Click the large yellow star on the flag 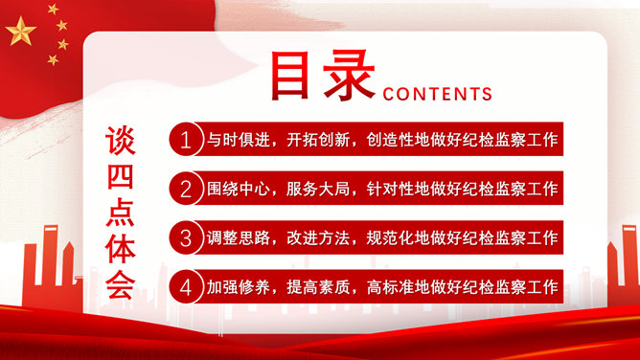tap(21, 34)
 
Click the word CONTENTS tap(437, 94)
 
